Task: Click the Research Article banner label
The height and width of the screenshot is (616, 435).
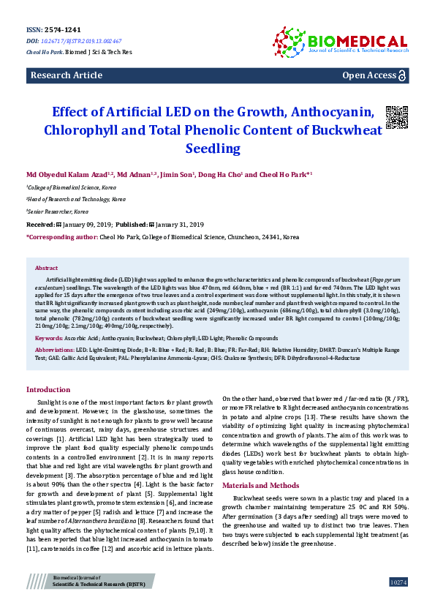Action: click(x=66, y=75)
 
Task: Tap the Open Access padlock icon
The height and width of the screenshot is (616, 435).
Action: click(x=401, y=75)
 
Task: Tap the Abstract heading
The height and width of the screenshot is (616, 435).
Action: click(x=47, y=268)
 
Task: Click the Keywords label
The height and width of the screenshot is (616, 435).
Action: click(x=48, y=339)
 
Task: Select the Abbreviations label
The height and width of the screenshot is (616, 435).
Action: click(x=55, y=351)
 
